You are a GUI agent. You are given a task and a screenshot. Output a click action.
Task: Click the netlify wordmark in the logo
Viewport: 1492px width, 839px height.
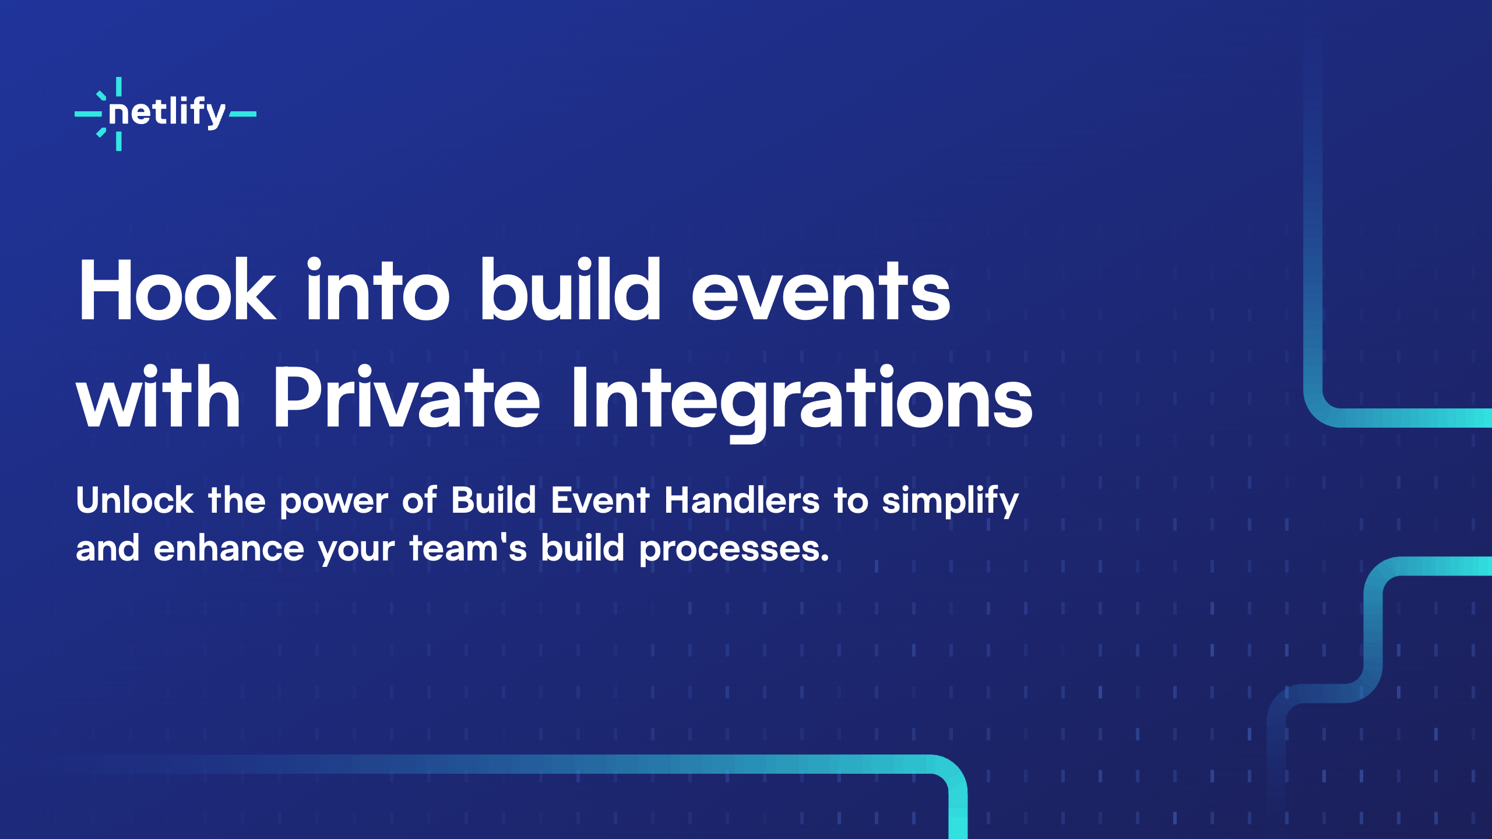click(167, 112)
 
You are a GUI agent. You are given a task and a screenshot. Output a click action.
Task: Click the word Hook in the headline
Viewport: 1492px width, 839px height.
click(177, 290)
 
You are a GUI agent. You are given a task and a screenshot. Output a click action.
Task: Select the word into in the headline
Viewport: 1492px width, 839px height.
click(378, 290)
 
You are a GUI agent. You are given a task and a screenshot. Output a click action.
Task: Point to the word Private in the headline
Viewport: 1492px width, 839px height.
click(407, 397)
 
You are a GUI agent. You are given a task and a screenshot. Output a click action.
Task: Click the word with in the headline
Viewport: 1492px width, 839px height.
click(158, 397)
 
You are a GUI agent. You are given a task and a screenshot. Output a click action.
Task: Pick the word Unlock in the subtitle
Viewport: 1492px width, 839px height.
click(135, 500)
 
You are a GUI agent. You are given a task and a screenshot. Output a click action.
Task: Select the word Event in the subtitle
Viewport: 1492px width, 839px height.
click(600, 500)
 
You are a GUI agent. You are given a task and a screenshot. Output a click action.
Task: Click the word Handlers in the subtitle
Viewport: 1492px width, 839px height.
click(742, 500)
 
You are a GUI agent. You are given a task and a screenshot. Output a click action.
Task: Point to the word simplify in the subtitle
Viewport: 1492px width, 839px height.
click(951, 502)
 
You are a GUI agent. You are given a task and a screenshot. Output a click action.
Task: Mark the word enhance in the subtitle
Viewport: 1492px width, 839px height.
click(228, 548)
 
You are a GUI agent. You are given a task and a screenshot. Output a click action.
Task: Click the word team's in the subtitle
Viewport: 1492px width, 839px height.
click(468, 548)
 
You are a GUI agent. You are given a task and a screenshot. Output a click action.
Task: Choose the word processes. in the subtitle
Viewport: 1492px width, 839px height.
click(734, 551)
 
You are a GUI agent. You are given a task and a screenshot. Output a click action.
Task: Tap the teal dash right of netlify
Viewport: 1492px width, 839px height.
click(242, 114)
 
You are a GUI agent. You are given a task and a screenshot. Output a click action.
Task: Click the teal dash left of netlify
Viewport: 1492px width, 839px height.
click(88, 114)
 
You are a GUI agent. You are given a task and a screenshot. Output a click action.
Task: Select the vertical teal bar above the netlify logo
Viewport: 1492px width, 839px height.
click(119, 87)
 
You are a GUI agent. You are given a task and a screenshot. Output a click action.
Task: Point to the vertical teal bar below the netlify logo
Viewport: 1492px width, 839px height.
click(119, 141)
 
